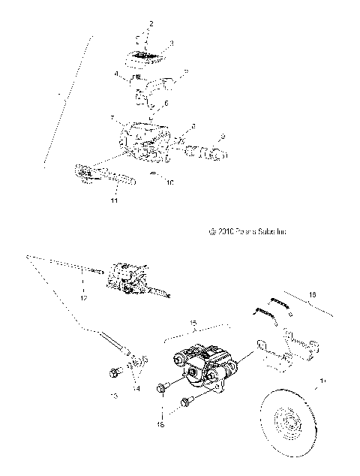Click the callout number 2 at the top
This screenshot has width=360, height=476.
click(x=151, y=25)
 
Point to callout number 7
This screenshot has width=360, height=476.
click(x=112, y=118)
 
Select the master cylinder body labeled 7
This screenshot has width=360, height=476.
click(x=142, y=141)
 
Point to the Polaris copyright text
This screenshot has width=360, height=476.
click(x=249, y=232)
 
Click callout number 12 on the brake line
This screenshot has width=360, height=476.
click(x=83, y=298)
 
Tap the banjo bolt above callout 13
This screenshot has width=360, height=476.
click(x=115, y=372)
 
